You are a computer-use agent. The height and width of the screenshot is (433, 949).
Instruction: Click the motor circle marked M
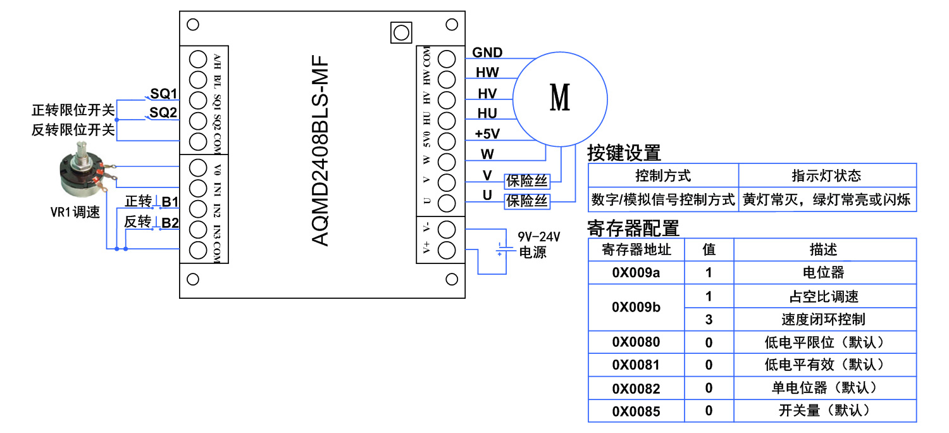coord(559,98)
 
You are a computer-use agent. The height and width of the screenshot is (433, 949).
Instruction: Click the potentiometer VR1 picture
coord(84,173)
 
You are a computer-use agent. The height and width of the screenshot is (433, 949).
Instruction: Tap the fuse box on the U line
coord(526,201)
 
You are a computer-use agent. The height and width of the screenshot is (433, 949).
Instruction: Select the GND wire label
coord(487,53)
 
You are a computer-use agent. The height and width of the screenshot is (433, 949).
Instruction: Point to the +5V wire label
coord(487,134)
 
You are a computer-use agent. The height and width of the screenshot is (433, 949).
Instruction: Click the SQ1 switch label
coord(163,94)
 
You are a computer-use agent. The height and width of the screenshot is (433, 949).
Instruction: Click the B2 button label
coord(170,222)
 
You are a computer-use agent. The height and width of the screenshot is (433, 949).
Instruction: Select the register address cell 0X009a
coord(636,273)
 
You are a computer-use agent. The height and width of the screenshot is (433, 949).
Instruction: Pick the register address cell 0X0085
coord(636,411)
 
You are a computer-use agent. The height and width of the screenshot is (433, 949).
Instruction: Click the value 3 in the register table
coord(709,320)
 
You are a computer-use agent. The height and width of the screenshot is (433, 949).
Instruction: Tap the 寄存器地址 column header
coord(636,249)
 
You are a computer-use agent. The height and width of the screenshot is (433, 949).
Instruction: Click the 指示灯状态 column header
coord(826,175)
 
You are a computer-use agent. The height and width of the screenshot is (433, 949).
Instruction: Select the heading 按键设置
coord(624,153)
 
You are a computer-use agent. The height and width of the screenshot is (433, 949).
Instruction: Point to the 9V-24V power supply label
coord(539,237)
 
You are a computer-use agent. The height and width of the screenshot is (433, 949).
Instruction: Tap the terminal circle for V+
coord(447,249)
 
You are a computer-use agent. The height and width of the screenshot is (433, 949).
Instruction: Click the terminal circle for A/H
coord(198,60)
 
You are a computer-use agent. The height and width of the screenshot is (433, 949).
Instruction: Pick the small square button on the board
coord(400,32)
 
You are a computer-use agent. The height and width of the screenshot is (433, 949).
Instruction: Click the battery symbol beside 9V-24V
coord(500,249)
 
